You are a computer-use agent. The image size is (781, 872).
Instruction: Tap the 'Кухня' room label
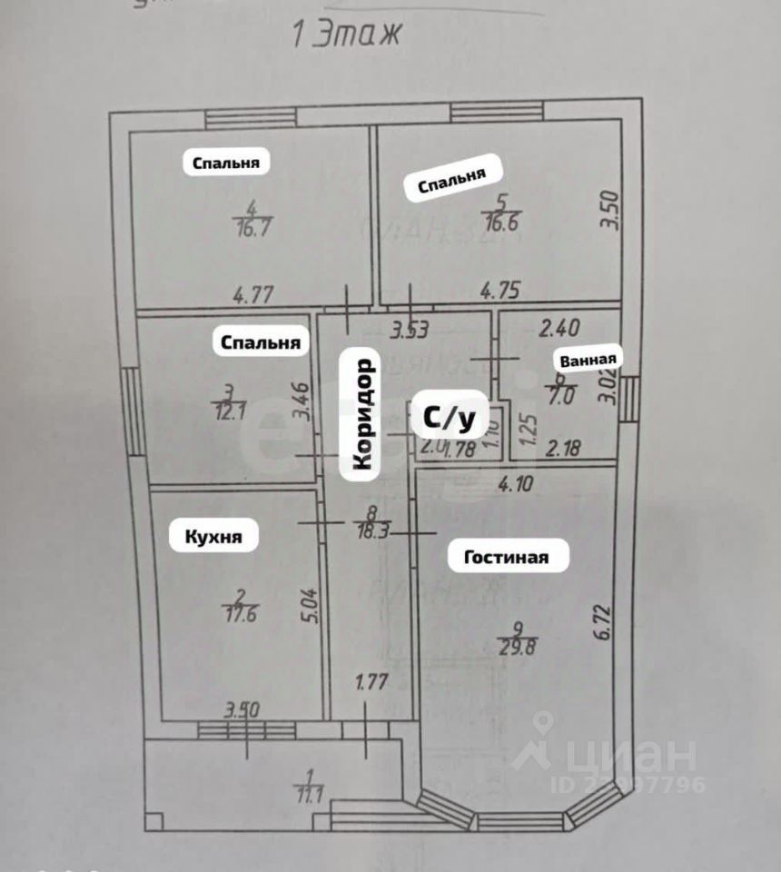[213, 537]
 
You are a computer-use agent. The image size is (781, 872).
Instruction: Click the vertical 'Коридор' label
[361, 414]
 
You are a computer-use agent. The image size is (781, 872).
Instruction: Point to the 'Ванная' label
[590, 359]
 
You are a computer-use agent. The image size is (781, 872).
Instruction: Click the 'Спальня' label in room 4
[226, 163]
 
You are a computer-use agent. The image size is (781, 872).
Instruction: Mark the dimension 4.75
[499, 292]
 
